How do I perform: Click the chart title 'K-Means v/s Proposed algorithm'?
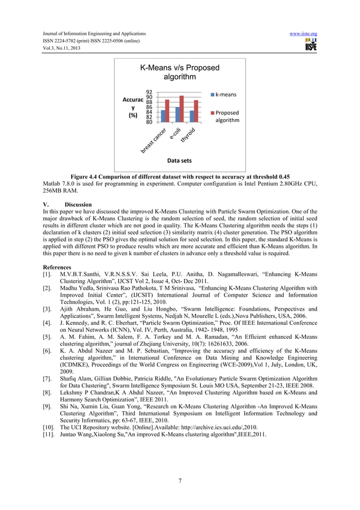click(179, 72)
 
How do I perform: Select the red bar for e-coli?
click(182, 109)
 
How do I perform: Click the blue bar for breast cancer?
click(163, 116)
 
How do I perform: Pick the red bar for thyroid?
click(196, 111)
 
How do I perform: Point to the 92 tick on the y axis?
click(149, 92)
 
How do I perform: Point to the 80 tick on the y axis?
click(149, 122)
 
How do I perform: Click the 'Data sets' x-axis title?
click(179, 161)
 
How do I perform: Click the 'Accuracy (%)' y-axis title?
click(134, 107)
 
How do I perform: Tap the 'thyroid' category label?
click(188, 136)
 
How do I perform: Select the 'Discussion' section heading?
click(77, 204)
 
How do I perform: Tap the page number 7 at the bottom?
click(179, 481)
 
